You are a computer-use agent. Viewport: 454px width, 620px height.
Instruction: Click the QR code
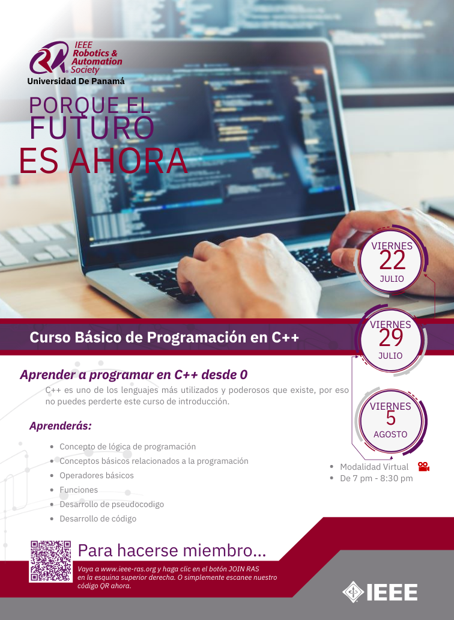pos(50,561)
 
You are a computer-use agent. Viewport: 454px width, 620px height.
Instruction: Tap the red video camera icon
pos(423,467)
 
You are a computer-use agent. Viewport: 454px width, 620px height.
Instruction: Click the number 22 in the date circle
pos(392,260)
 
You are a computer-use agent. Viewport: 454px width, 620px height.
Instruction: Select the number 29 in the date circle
pos(391,338)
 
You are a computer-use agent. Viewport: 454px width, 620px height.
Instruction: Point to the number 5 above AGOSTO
pos(391,418)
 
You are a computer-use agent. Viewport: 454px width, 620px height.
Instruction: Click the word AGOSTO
pos(390,434)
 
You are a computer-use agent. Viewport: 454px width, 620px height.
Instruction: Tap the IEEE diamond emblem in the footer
pos(353,592)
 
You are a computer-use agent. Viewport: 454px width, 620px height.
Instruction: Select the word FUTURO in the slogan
pos(92,127)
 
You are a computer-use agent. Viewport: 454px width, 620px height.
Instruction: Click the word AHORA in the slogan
pos(129,161)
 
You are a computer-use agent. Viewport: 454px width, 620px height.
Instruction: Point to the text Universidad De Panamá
pos(76,81)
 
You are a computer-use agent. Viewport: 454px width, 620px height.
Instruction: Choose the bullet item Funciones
pos(79,490)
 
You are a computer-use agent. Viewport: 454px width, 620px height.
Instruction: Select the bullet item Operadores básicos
pos(97,475)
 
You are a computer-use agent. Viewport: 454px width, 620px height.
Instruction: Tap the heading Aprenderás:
pos(61,426)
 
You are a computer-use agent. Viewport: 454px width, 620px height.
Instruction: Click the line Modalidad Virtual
pos(374,467)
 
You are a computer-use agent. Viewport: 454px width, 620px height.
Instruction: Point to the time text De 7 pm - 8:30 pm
pos(377,478)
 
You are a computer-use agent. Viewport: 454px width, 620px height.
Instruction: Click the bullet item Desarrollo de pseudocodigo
pos(112,504)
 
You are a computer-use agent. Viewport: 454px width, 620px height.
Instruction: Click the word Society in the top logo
pos(85,70)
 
